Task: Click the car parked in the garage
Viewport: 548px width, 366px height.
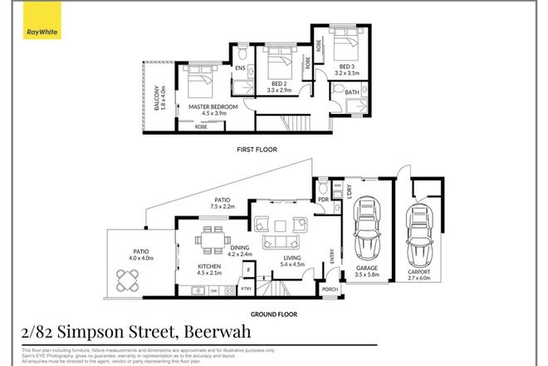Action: coord(366,231)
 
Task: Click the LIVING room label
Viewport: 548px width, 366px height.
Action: coord(291,262)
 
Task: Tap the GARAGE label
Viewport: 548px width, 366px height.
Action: coord(366,269)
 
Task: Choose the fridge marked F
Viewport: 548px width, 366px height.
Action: coord(248,270)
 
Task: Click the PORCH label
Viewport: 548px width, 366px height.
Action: coord(329,290)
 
